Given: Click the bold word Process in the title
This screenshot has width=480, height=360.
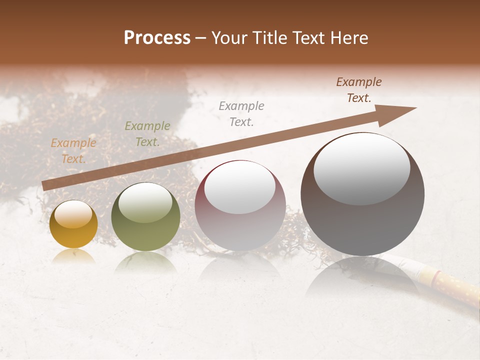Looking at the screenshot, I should (x=157, y=38).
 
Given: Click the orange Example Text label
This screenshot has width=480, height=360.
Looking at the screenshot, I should (x=73, y=150).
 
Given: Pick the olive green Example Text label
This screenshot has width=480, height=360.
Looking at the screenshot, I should (x=147, y=134).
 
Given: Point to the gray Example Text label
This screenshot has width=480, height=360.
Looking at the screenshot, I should (x=241, y=113).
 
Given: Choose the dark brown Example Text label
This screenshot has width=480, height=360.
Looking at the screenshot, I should (x=359, y=90).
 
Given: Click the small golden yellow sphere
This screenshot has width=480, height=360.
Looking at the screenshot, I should (x=73, y=225).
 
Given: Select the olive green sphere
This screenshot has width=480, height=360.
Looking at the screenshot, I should (x=145, y=217).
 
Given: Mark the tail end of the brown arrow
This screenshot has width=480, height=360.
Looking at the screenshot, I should (x=45, y=185).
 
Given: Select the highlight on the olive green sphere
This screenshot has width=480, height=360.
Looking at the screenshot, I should (x=145, y=202).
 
